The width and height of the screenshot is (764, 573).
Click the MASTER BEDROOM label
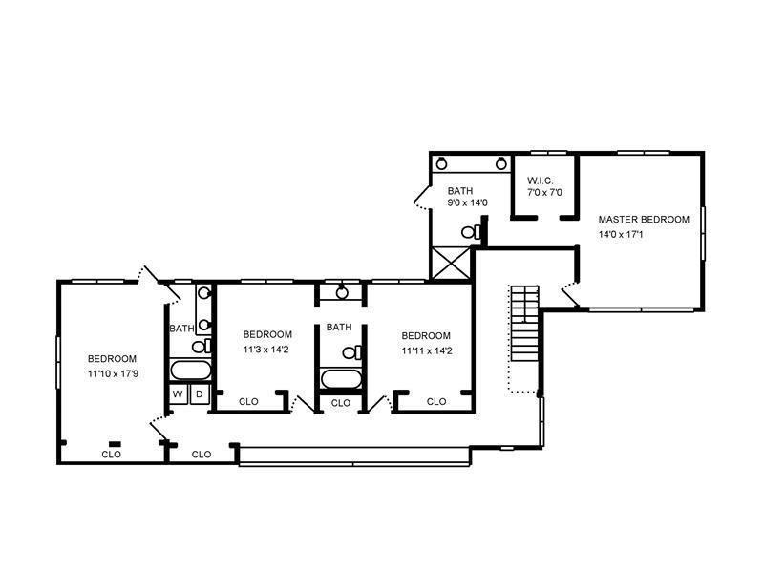[x=644, y=220]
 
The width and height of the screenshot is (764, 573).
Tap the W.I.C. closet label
[x=540, y=180]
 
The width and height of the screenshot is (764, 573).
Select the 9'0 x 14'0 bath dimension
[x=468, y=202]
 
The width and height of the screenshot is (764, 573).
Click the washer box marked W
[x=178, y=393]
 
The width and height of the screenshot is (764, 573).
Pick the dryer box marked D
[x=200, y=393]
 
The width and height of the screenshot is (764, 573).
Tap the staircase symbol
[x=524, y=323]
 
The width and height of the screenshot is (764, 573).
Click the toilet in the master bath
[x=471, y=232]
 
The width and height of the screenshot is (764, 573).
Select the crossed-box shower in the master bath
[x=451, y=263]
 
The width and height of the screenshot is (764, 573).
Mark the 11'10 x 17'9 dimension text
[x=113, y=374]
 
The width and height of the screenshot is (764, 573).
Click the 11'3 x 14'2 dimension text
[x=266, y=350]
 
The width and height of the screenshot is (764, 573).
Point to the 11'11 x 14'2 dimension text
[x=427, y=350]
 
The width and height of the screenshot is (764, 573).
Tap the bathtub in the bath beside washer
[x=190, y=371]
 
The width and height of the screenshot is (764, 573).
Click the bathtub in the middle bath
[x=341, y=378]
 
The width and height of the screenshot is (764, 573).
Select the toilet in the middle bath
[x=351, y=352]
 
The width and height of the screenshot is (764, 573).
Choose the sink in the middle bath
[x=342, y=292]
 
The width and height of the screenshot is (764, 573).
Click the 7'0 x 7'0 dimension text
[x=544, y=193]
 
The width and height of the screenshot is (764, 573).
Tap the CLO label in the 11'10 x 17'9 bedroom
[x=111, y=455]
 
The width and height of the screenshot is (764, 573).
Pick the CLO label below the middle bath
[x=341, y=403]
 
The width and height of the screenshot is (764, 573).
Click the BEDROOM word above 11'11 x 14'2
[x=426, y=336]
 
